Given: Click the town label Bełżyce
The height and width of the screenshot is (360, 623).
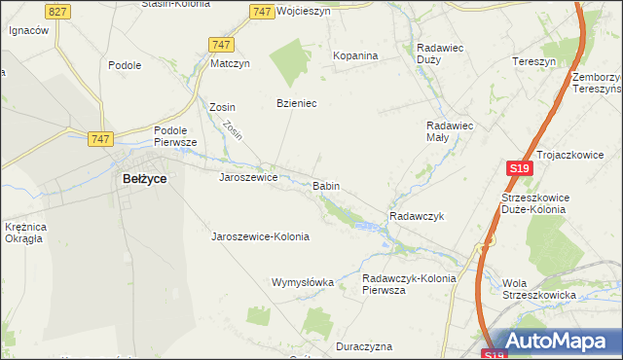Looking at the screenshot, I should click(x=144, y=179).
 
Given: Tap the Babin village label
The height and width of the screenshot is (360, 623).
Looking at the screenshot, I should click(x=326, y=185).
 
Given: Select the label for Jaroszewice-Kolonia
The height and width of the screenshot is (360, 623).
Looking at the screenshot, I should click(x=260, y=236).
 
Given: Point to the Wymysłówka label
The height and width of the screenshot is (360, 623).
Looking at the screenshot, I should click(x=302, y=282).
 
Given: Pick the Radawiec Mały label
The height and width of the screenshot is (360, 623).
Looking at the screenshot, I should click(x=450, y=131).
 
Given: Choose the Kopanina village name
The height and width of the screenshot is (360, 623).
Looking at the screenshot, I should click(x=355, y=56).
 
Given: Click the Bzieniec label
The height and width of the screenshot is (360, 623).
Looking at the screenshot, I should click(x=297, y=103).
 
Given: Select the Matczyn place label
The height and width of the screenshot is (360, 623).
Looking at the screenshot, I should click(x=231, y=64).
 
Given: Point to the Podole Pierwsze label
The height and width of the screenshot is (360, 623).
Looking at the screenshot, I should click(x=175, y=136).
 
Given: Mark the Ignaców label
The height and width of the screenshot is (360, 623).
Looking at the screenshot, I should click(x=29, y=30).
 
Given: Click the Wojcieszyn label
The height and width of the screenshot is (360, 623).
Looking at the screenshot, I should click(x=304, y=12).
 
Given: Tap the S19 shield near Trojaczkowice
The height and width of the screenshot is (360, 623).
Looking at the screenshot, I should click(x=520, y=168).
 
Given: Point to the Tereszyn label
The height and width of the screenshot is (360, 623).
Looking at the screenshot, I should click(x=533, y=61).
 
